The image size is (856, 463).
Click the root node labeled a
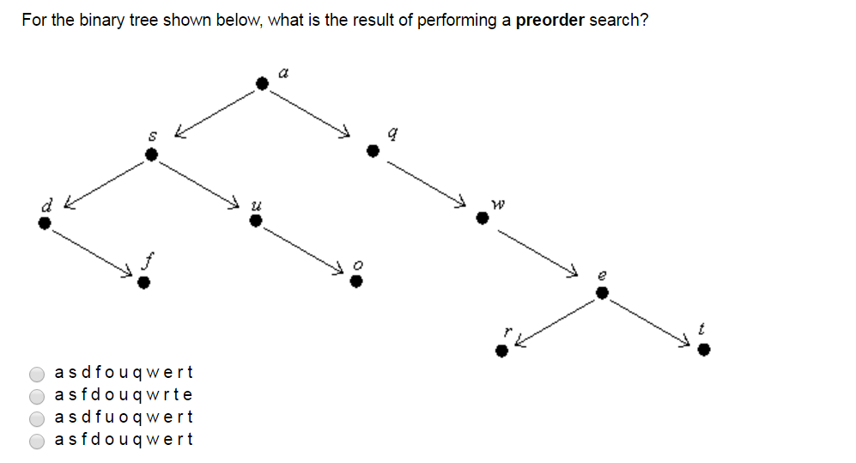(263, 82)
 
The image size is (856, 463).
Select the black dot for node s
(151, 155)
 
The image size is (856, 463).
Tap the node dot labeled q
(373, 151)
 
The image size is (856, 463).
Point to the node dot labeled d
(45, 223)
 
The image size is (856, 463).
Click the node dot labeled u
(254, 221)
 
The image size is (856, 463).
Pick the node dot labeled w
(483, 219)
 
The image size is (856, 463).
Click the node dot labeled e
(602, 293)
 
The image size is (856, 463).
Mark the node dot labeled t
(703, 350)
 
